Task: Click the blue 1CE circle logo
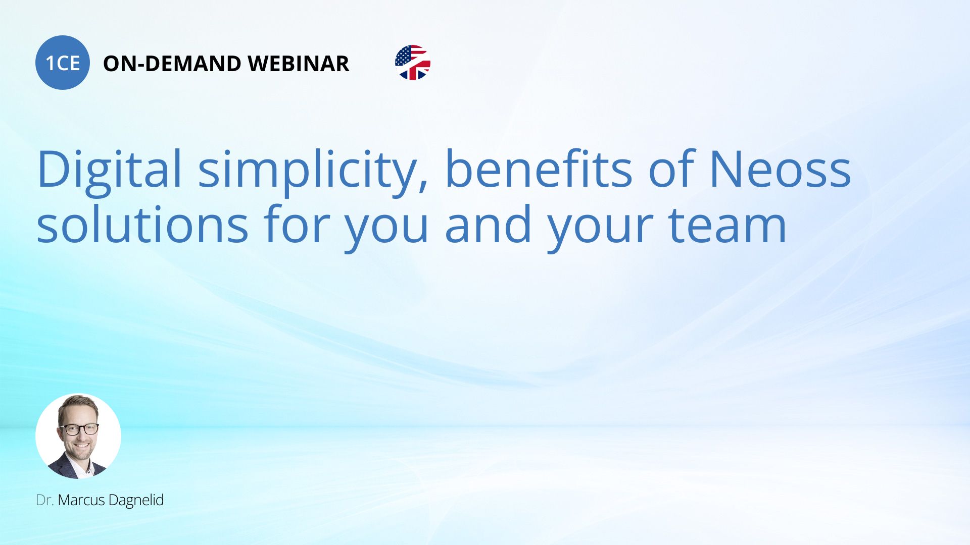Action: [x=63, y=63]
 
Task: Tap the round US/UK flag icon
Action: [x=413, y=63]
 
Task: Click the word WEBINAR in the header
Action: [x=299, y=64]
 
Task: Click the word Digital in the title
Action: [x=109, y=169]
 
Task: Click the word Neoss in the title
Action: [x=781, y=170]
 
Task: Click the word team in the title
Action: [x=727, y=225]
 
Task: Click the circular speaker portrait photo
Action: [x=78, y=436]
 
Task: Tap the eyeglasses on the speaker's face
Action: [x=79, y=429]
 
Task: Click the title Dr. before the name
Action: [x=44, y=500]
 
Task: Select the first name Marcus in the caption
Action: [x=81, y=500]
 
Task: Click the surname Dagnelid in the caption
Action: [x=136, y=501]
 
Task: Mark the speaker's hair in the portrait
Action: [x=78, y=404]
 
